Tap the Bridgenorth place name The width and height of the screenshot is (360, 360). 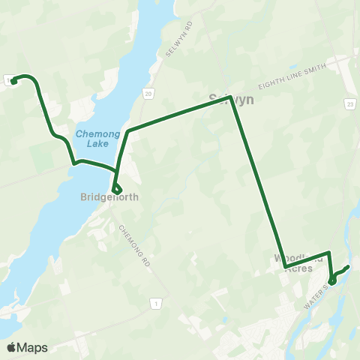coord(109,198)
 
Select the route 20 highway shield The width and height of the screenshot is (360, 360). coord(148,93)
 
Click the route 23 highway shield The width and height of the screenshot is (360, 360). coord(350,103)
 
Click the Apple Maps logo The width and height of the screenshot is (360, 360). coord(27,347)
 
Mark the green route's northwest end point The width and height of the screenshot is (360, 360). coord(13,80)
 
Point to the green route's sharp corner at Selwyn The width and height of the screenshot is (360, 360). coord(229,97)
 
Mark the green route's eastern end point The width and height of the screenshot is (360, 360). coord(348,267)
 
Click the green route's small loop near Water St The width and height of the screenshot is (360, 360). coord(332,280)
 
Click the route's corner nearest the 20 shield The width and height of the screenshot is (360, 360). coord(128,131)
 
